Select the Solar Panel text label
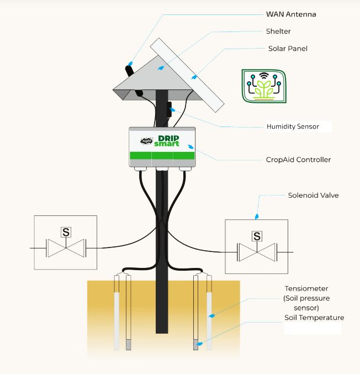(x=287, y=49)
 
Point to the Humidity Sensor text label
(x=293, y=127)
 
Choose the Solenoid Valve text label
(x=313, y=196)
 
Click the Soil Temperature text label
(x=314, y=318)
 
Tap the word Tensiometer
(x=306, y=289)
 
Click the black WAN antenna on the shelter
(x=130, y=71)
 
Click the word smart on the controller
(x=167, y=144)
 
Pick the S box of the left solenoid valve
(x=66, y=232)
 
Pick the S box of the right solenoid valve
(x=257, y=236)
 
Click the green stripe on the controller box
(x=162, y=156)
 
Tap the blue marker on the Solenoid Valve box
(x=256, y=216)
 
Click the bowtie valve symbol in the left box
(x=66, y=249)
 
